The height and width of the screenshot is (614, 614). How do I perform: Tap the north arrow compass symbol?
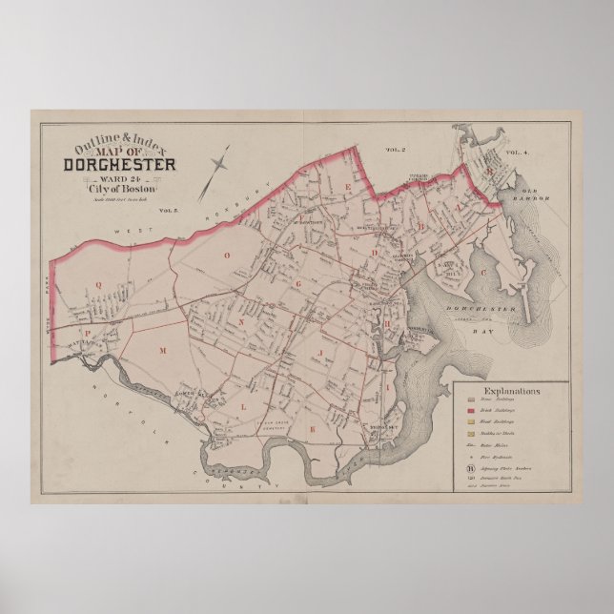(x=216, y=173)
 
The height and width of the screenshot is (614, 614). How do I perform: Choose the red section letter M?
(x=162, y=352)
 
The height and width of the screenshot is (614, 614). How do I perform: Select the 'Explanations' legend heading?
(x=512, y=391)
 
